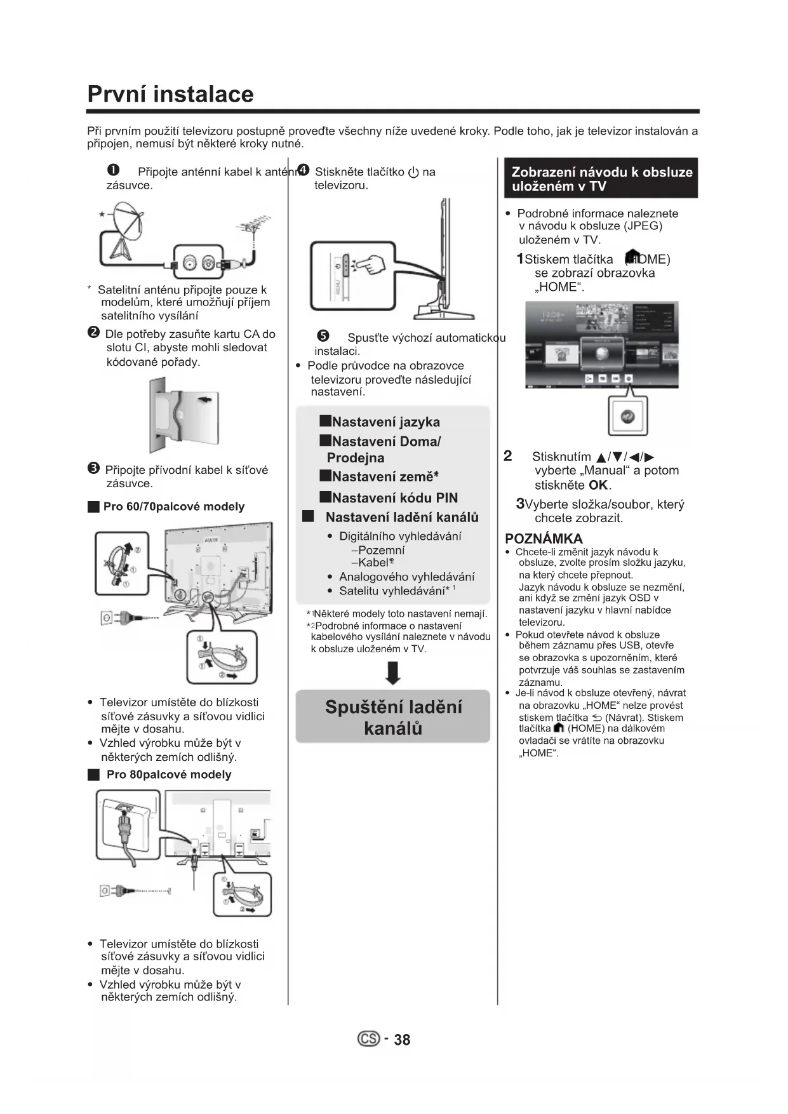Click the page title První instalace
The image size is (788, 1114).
[x=170, y=94]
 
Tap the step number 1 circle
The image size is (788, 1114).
[x=113, y=171]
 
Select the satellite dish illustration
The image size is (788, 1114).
[x=124, y=229]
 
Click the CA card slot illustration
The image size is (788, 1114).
[x=184, y=414]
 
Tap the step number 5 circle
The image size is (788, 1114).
[x=323, y=337]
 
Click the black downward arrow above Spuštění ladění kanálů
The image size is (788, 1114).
[x=393, y=673]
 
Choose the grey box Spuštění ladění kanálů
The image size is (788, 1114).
[x=393, y=716]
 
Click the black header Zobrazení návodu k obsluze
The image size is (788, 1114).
[x=601, y=178]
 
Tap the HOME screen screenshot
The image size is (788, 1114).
[x=601, y=345]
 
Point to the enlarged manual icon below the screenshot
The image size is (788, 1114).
[x=628, y=416]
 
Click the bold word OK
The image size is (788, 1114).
[x=598, y=485]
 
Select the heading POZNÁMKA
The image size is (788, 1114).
[x=544, y=539]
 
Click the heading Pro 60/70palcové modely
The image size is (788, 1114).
[x=173, y=506]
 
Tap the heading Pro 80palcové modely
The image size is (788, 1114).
[x=168, y=774]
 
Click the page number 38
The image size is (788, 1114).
[x=402, y=1040]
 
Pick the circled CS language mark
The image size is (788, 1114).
[x=369, y=1038]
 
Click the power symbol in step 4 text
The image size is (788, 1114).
[x=413, y=172]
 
